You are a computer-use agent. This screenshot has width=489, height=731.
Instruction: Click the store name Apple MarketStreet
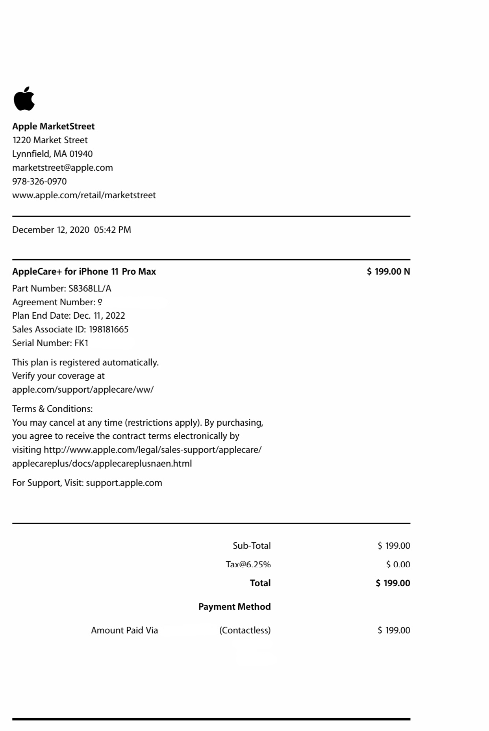[x=54, y=126]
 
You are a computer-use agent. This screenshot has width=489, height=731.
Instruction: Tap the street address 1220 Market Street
[x=50, y=140]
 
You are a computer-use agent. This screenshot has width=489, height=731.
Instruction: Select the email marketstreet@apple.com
[x=63, y=168]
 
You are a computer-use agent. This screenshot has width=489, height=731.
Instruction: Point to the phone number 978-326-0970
[x=39, y=181]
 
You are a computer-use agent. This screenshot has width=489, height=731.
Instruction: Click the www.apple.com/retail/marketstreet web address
[x=84, y=195]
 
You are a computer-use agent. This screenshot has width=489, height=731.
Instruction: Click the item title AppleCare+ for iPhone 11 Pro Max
[x=84, y=271]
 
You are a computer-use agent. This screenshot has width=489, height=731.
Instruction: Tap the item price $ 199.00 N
[x=388, y=271]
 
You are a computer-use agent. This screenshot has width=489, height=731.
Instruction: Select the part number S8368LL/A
[x=90, y=288]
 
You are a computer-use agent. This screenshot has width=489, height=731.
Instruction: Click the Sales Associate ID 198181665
[x=109, y=329]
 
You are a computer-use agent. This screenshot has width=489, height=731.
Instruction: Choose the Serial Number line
[x=50, y=343]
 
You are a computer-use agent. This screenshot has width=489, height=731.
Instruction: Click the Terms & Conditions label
[x=52, y=409]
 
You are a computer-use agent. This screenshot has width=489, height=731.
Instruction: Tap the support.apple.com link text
[x=124, y=483]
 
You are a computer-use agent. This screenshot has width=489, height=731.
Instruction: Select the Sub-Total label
[x=252, y=546]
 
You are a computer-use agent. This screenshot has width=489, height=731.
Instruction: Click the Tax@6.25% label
[x=248, y=565]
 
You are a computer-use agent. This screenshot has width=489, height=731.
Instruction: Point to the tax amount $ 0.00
[x=398, y=565]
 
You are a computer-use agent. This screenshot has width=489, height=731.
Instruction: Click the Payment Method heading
[x=234, y=607]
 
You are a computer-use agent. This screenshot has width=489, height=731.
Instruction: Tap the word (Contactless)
[x=245, y=630]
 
